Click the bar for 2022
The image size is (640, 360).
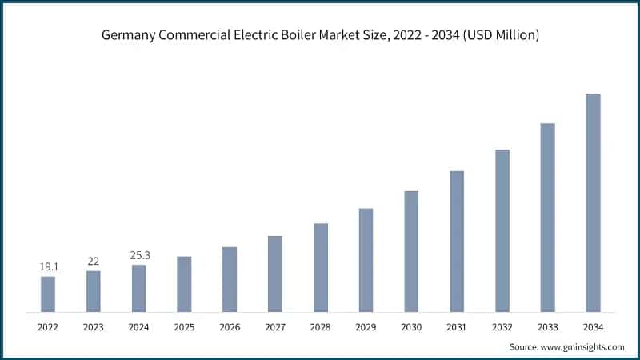tap(48, 294)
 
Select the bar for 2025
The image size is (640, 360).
tap(184, 284)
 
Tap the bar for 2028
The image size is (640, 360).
tap(320, 267)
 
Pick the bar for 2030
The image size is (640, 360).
tap(411, 251)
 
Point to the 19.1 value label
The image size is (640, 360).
tap(48, 266)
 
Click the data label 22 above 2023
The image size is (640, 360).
tap(94, 261)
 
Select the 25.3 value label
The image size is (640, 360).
tap(139, 255)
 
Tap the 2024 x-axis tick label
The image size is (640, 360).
tap(139, 327)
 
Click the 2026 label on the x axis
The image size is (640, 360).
tap(230, 327)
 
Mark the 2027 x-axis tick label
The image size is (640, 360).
tap(275, 327)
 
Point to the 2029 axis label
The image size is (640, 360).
tap(366, 327)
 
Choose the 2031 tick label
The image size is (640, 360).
tap(457, 327)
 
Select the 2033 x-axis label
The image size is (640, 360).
tap(547, 327)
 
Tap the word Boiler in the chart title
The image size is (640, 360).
tap(309, 35)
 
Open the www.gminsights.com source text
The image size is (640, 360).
tap(583, 346)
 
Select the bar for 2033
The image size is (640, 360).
tap(547, 217)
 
